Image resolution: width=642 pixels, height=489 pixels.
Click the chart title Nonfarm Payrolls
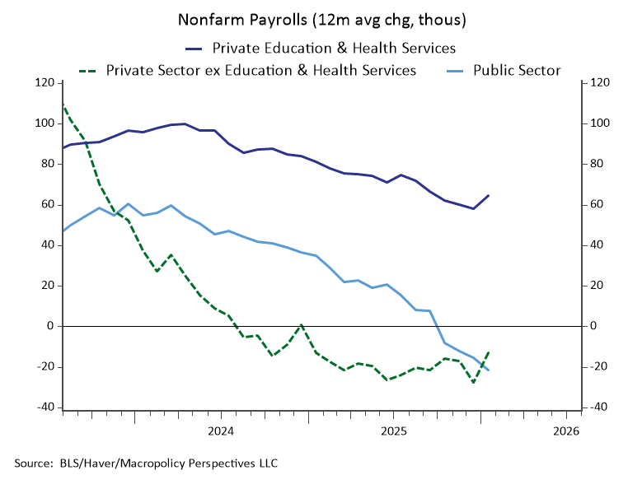coord(321,18)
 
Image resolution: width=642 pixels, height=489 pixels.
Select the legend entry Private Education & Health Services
coord(334,47)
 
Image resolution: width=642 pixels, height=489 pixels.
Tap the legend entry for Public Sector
coord(517,70)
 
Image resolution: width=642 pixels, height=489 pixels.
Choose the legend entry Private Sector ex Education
coord(261,70)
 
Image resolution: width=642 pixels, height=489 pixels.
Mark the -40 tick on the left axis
coord(45,407)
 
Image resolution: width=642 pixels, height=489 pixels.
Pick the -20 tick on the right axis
coord(597,366)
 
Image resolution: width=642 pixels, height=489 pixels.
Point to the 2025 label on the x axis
coord(393,431)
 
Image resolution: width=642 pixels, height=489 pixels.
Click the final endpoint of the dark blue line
coord(489,195)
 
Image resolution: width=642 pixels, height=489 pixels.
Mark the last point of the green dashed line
coord(489,352)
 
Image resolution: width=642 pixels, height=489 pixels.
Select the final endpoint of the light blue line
coord(489,370)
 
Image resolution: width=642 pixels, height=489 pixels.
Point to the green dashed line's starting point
coord(63,105)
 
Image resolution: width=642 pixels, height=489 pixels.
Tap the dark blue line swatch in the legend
coord(194,47)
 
